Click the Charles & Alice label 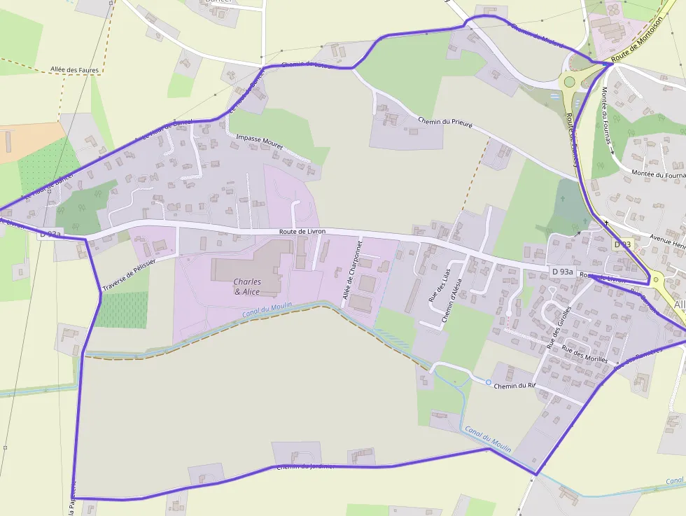pos(248,286)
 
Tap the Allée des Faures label pos(75,70)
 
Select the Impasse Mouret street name pos(260,143)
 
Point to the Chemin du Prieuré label pos(446,122)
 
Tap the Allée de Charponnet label pos(352,270)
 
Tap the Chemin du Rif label pos(514,386)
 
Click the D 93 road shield pos(622,244)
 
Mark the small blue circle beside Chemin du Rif pos(489,382)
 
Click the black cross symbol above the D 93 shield pos(606,223)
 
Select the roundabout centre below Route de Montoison pos(569,82)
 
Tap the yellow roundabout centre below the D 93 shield pos(656,280)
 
